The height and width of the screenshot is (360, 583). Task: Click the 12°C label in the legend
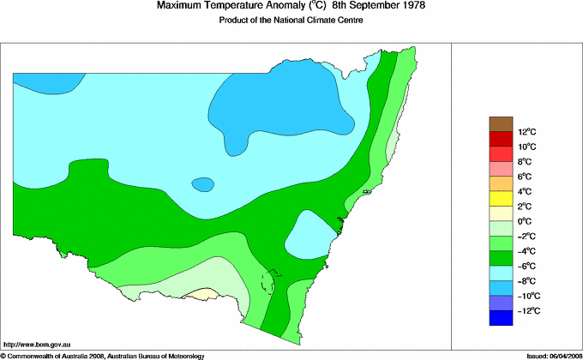(x=526, y=132)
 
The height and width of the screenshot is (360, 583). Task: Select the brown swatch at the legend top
(x=501, y=124)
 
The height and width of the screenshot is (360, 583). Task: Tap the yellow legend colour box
(x=501, y=199)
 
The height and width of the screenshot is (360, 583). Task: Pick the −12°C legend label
(x=527, y=310)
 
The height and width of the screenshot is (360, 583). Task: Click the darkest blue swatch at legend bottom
(x=501, y=318)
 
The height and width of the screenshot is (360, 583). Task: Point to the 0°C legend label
(x=526, y=221)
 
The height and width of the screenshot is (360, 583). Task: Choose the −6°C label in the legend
(x=527, y=266)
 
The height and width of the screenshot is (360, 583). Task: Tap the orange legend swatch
(x=501, y=184)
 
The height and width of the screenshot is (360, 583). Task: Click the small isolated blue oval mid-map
(x=202, y=184)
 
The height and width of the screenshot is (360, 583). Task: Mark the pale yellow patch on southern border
(x=202, y=293)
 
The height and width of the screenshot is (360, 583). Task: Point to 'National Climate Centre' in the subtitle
(x=319, y=21)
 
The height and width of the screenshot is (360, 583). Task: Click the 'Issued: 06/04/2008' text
(x=549, y=355)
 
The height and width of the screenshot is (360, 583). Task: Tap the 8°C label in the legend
(x=526, y=161)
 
